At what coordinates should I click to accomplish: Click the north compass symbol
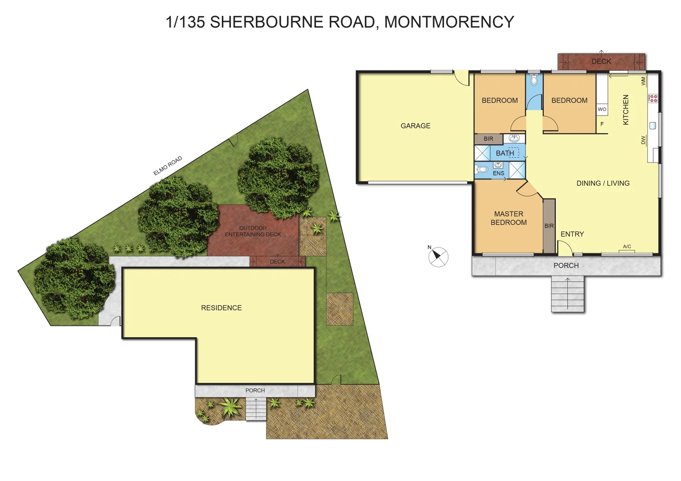[438, 257]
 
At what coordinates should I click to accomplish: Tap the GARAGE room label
[415, 126]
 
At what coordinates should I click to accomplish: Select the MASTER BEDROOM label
[509, 218]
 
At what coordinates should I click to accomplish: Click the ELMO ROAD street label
[168, 166]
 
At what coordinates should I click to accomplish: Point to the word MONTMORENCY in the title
[449, 22]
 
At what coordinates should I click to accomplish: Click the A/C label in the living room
[627, 247]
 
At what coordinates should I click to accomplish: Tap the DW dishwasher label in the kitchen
[643, 140]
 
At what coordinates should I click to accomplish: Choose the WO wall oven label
[602, 109]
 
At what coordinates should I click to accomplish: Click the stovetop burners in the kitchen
[653, 98]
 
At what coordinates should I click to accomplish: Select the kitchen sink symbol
[653, 126]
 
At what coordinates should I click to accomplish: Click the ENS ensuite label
[498, 173]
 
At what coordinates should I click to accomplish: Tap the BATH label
[505, 153]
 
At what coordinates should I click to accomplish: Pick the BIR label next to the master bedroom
[549, 226]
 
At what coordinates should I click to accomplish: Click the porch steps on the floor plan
[567, 293]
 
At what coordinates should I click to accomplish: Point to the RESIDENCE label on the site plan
[221, 308]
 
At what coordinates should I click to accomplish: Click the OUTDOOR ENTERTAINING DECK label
[253, 231]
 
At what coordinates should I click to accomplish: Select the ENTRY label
[572, 234]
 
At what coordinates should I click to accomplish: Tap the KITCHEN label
[626, 110]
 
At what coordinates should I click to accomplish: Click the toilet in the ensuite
[482, 169]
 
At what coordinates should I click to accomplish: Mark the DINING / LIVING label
[603, 183]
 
